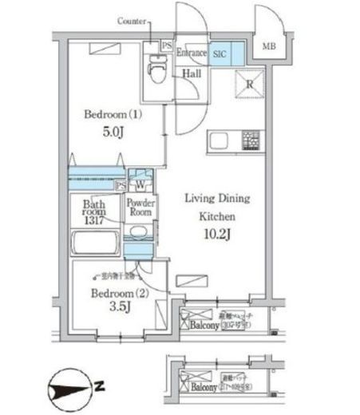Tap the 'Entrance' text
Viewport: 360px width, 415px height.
(192, 53)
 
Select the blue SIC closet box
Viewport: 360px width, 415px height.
(219, 53)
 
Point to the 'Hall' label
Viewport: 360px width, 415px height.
(192, 73)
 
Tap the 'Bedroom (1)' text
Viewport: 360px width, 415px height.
(112, 115)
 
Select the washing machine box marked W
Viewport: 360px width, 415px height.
(139, 183)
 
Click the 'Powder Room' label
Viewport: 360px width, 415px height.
(140, 208)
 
